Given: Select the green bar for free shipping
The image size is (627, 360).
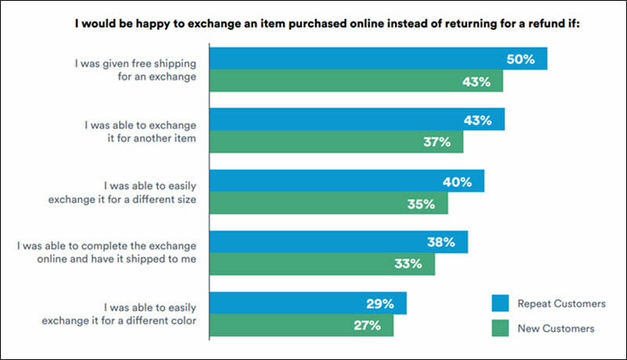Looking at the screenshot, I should click(x=357, y=81).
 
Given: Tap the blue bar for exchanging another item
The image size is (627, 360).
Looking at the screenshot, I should click(x=357, y=120).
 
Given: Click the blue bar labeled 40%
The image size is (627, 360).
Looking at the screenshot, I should click(x=347, y=181).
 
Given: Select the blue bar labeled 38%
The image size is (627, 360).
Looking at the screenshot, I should click(x=339, y=242).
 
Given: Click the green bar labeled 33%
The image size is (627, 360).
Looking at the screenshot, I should click(x=322, y=264).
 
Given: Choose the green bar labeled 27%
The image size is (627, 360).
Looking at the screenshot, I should click(x=302, y=325).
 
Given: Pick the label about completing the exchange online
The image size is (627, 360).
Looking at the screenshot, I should click(x=105, y=253).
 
